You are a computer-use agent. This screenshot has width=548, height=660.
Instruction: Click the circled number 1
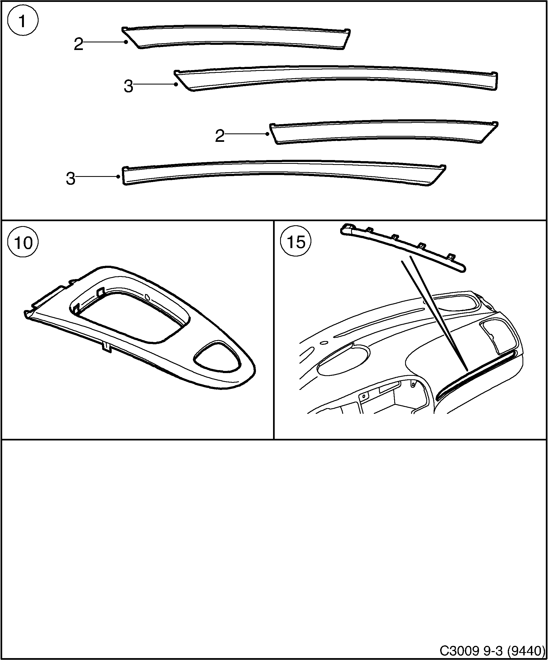[x=23, y=21]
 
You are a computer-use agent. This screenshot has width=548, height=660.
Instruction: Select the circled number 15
[x=296, y=242]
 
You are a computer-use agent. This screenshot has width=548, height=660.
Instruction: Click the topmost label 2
[x=79, y=44]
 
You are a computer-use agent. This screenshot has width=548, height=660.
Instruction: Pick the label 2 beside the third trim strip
[x=220, y=136]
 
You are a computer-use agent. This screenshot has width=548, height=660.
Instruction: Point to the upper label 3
[x=128, y=86]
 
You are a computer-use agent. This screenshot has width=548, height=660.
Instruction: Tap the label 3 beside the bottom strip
[x=71, y=179]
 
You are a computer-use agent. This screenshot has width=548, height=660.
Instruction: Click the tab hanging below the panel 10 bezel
[x=107, y=347]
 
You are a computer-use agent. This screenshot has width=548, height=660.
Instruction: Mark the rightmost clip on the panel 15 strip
[x=451, y=257]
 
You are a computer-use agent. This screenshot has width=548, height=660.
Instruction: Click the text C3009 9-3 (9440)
[x=492, y=650]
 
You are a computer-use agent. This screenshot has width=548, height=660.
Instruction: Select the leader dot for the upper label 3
[x=176, y=84]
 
